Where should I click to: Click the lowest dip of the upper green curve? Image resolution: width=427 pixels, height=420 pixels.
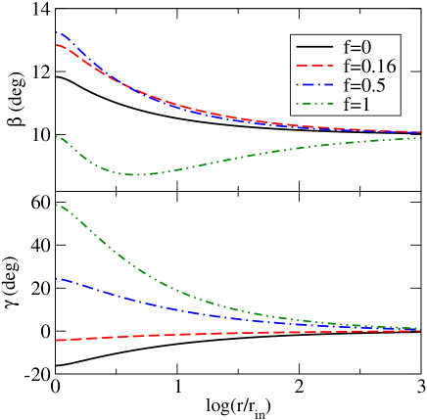click(137, 174)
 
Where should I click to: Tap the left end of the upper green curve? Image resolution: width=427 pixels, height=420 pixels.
click(58, 136)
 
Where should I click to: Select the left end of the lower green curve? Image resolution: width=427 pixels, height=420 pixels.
click(58, 205)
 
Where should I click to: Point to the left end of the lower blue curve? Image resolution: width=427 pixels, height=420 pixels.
click(58, 278)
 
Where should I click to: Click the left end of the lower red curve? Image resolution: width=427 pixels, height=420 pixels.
click(58, 340)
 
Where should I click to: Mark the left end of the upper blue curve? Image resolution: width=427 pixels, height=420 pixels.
click(58, 31)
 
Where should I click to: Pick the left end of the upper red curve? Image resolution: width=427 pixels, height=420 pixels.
click(58, 45)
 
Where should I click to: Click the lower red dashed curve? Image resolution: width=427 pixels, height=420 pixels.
click(196, 334)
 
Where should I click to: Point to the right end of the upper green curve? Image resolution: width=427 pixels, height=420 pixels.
click(420, 137)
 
